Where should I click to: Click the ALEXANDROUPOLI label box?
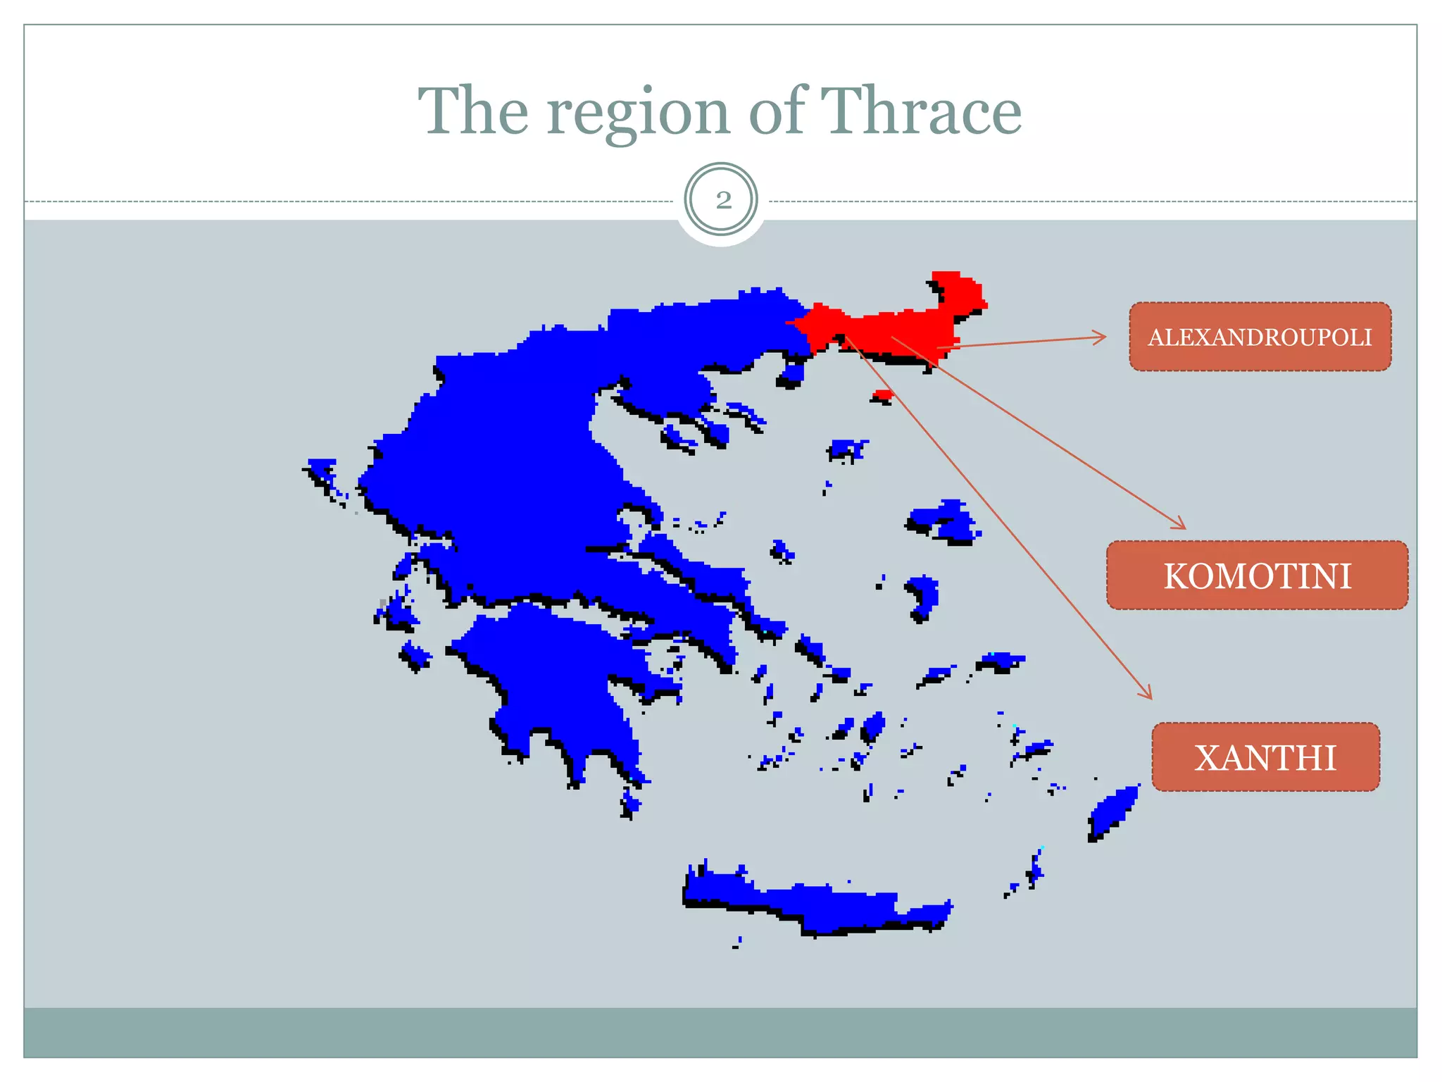[1260, 337]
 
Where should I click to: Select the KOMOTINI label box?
[1257, 576]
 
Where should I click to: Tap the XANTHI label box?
[1265, 757]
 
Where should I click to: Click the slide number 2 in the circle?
[722, 200]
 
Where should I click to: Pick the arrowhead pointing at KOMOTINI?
[1181, 524]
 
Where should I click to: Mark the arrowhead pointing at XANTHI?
[1148, 694]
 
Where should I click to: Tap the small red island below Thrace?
[882, 394]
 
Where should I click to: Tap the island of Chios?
[923, 595]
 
